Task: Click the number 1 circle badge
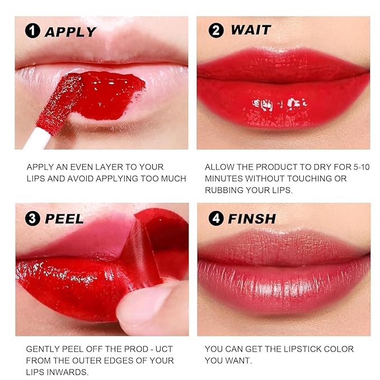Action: (x=33, y=31)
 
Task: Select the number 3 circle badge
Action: (x=33, y=218)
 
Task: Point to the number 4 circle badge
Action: (x=215, y=218)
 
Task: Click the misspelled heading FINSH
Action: (x=251, y=219)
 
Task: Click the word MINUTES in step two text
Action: (x=223, y=179)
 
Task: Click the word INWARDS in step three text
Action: (x=74, y=372)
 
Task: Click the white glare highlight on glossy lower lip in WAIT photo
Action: (x=278, y=104)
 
